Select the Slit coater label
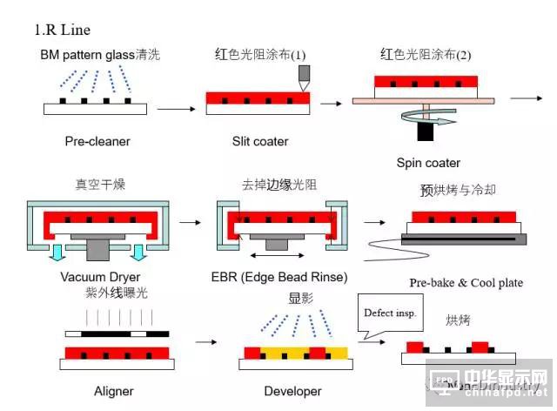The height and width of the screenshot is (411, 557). pos(259,141)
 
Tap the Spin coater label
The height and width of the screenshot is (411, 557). pos(428,163)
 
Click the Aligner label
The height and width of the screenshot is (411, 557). pos(114,391)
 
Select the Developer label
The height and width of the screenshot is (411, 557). pos(292,391)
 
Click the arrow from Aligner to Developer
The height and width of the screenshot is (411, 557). pos(206,342)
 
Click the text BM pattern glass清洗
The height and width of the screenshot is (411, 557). pos(100,55)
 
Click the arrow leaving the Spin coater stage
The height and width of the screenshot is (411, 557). pos(526,98)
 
